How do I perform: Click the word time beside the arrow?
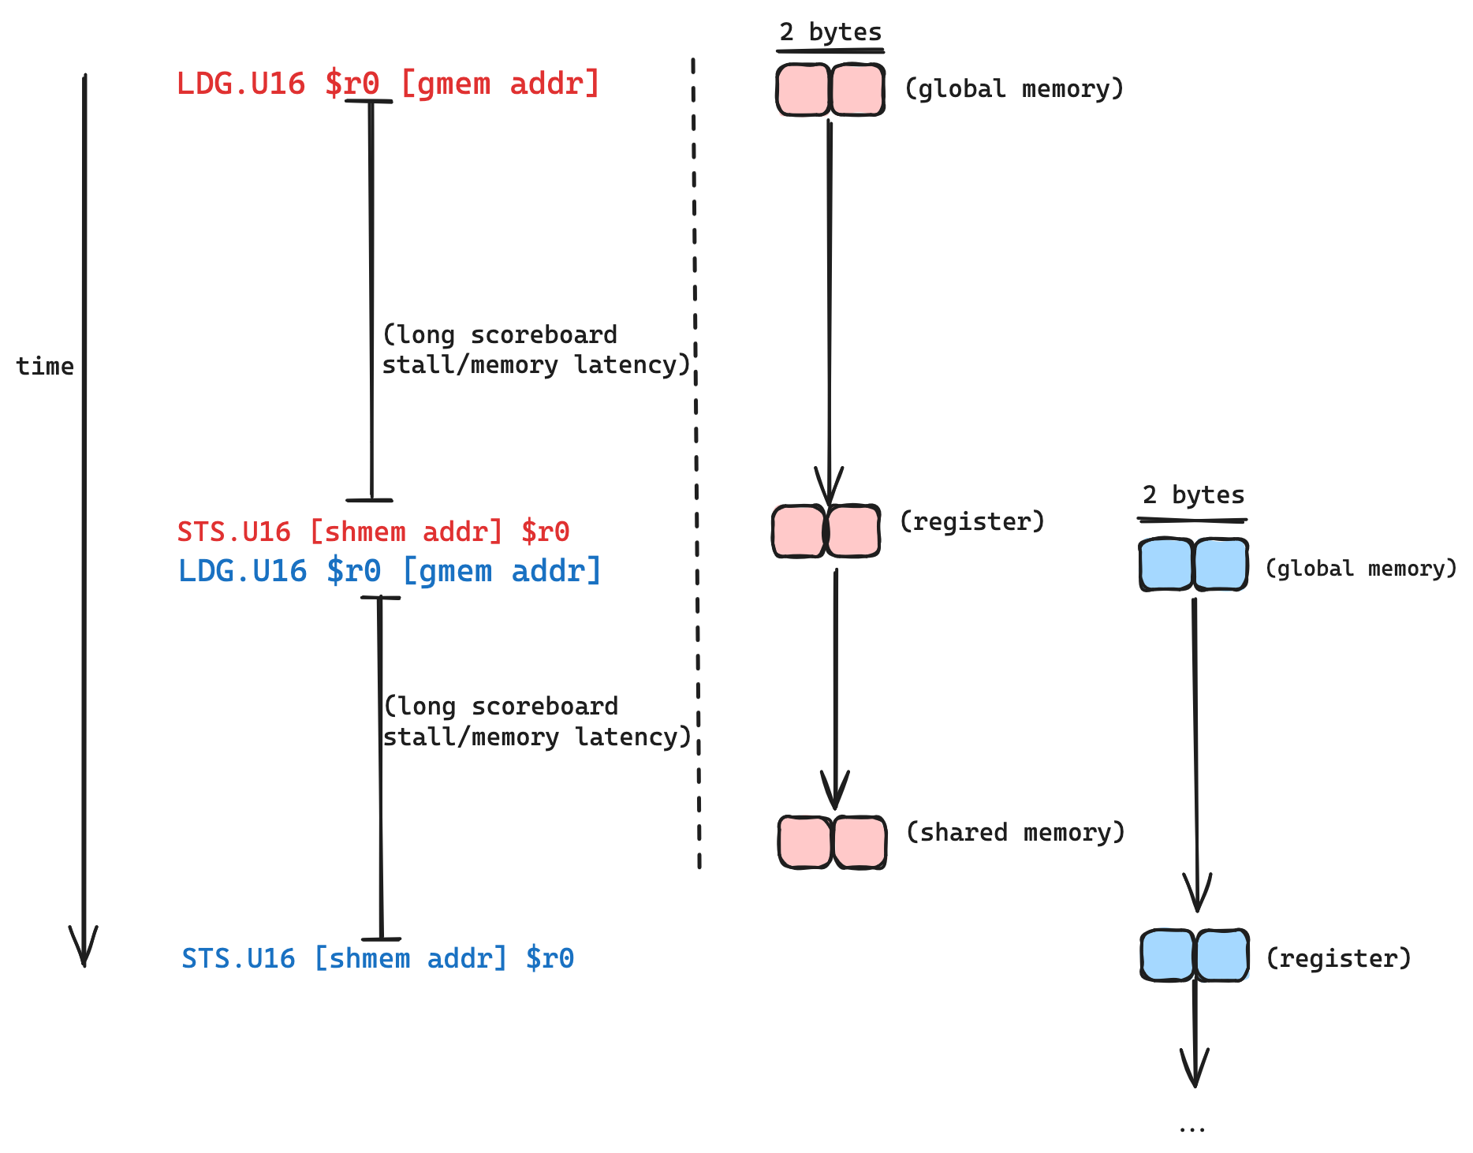tap(45, 366)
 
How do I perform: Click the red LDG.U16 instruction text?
tap(387, 84)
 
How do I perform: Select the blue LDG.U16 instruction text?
tap(390, 571)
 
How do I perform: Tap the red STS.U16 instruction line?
tap(373, 532)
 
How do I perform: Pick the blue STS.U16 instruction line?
tap(378, 959)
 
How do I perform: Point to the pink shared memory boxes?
tap(832, 842)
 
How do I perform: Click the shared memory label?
tap(1015, 833)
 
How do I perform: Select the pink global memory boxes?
tap(830, 90)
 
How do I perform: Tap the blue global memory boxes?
tap(1193, 564)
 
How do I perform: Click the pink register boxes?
tap(826, 531)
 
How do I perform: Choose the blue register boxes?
tap(1195, 955)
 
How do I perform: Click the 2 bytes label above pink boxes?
tap(830, 32)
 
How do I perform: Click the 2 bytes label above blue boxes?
tap(1193, 495)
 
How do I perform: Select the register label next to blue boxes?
tap(1338, 959)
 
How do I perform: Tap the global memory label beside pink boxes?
tap(1013, 89)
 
